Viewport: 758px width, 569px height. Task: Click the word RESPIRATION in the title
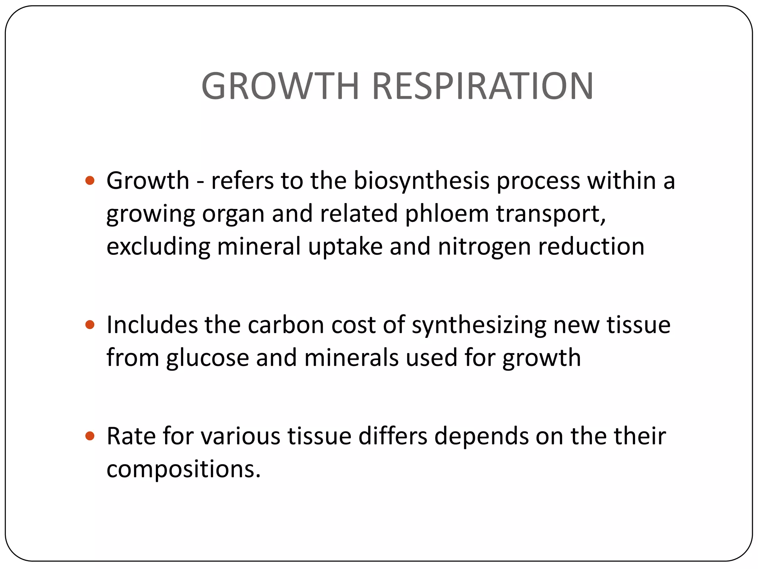(x=483, y=86)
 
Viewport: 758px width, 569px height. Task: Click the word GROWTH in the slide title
(x=280, y=86)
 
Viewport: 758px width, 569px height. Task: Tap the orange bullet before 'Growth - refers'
(x=90, y=181)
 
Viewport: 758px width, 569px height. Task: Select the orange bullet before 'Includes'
(x=90, y=325)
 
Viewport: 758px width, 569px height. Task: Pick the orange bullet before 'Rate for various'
(x=90, y=436)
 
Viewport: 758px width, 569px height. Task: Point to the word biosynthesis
(x=421, y=182)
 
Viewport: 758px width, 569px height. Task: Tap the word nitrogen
(x=484, y=247)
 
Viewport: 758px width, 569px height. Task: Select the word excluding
(x=158, y=247)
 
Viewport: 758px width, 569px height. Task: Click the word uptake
(x=345, y=247)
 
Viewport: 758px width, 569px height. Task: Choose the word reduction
(x=591, y=247)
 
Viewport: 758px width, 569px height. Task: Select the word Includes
(x=152, y=325)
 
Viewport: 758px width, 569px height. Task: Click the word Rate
(x=131, y=436)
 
